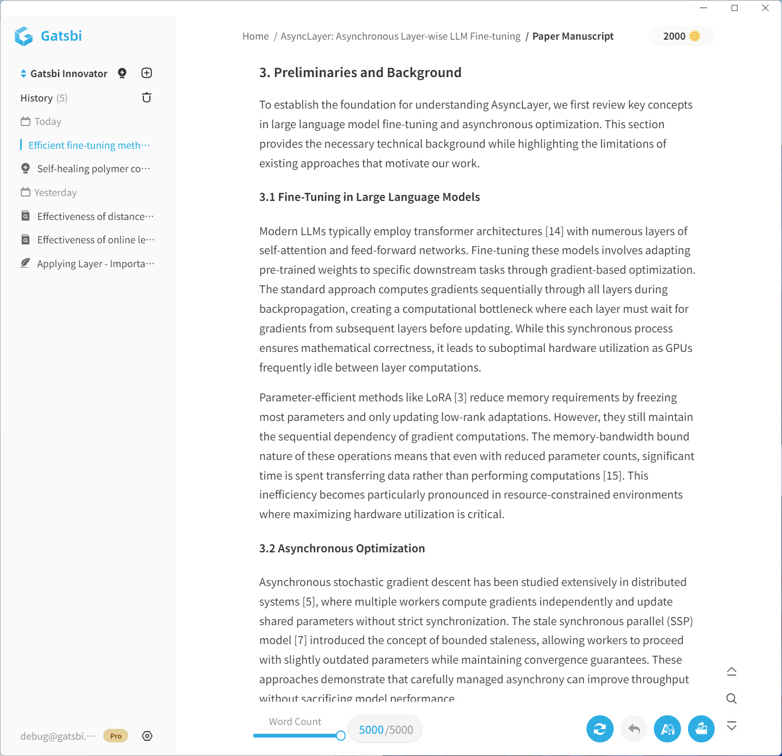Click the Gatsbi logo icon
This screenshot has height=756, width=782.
(24, 36)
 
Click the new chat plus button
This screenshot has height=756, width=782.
(147, 73)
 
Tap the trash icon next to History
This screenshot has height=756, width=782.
(147, 98)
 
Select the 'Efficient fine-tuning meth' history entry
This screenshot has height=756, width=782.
(89, 145)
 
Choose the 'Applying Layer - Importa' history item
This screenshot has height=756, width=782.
(96, 264)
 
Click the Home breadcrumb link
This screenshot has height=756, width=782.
(255, 36)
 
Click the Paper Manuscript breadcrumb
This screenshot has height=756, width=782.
(573, 36)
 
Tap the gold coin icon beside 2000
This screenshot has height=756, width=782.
(695, 36)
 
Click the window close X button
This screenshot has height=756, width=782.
(765, 8)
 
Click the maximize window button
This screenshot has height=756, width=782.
(735, 8)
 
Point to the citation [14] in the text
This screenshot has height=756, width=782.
(554, 231)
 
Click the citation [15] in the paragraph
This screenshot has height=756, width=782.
(613, 476)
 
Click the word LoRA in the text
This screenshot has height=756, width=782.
(438, 398)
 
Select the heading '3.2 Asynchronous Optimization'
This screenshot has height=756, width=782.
(342, 549)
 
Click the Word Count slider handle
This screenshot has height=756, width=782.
(340, 735)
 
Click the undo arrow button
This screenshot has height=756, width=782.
(634, 729)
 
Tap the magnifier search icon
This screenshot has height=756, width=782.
(731, 698)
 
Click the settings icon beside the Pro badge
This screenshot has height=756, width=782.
(147, 736)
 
